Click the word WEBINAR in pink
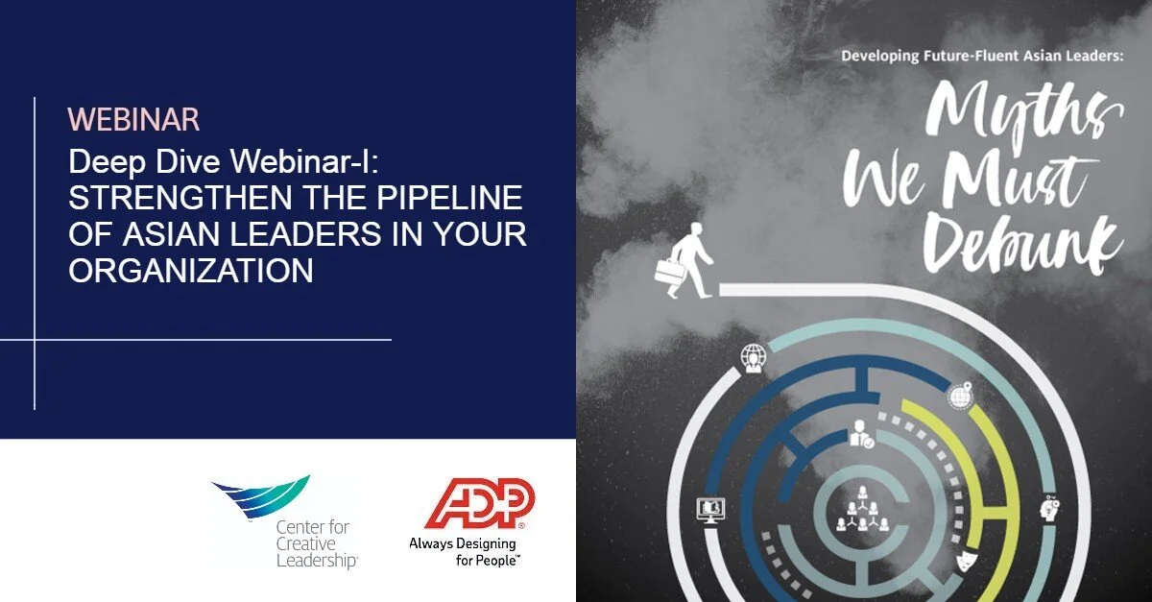[x=133, y=120]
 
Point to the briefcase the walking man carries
[x=668, y=272]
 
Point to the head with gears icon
[x=1049, y=508]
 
